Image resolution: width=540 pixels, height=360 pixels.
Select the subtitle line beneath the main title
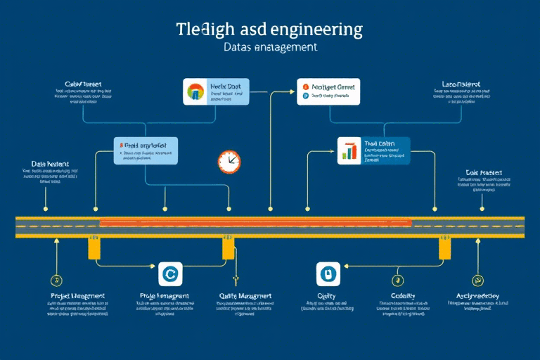(270, 48)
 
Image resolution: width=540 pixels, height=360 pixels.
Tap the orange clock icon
(229, 161)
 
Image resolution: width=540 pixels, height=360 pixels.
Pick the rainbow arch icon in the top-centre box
(195, 92)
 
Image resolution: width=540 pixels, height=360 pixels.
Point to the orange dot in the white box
(306, 85)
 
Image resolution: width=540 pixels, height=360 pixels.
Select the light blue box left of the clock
(146, 150)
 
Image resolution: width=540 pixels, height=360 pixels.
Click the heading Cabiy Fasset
(83, 84)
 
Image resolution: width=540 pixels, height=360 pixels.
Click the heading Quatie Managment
(245, 297)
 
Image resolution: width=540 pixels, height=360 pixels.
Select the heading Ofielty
(326, 297)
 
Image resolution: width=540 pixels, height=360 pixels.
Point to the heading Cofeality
(403, 297)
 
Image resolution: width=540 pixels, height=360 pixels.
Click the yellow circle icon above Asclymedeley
(478, 279)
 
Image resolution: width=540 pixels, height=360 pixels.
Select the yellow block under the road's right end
(445, 247)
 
